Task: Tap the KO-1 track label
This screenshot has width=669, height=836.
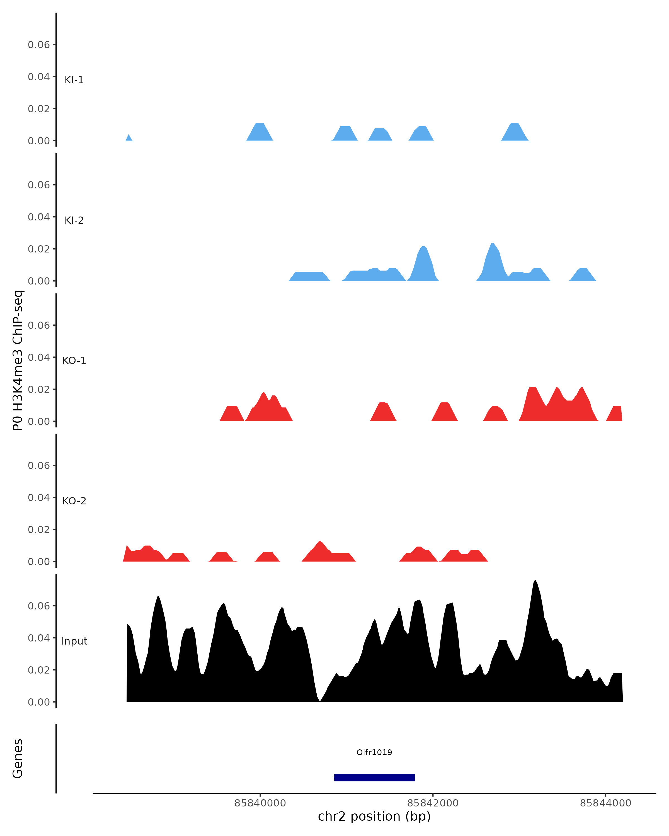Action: (74, 361)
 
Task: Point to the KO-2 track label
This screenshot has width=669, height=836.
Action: (74, 501)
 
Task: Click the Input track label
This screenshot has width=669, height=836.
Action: (74, 641)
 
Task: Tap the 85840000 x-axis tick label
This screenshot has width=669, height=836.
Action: (260, 803)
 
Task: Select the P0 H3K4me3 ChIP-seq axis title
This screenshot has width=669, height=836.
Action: (18, 360)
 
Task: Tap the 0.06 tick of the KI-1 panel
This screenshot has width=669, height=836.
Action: (39, 45)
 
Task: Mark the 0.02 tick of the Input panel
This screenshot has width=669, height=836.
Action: (39, 670)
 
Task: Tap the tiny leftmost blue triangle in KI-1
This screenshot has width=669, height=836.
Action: (129, 138)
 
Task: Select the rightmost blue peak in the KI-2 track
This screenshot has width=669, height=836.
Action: (583, 274)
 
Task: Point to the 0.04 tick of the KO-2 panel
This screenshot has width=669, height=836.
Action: (39, 497)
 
